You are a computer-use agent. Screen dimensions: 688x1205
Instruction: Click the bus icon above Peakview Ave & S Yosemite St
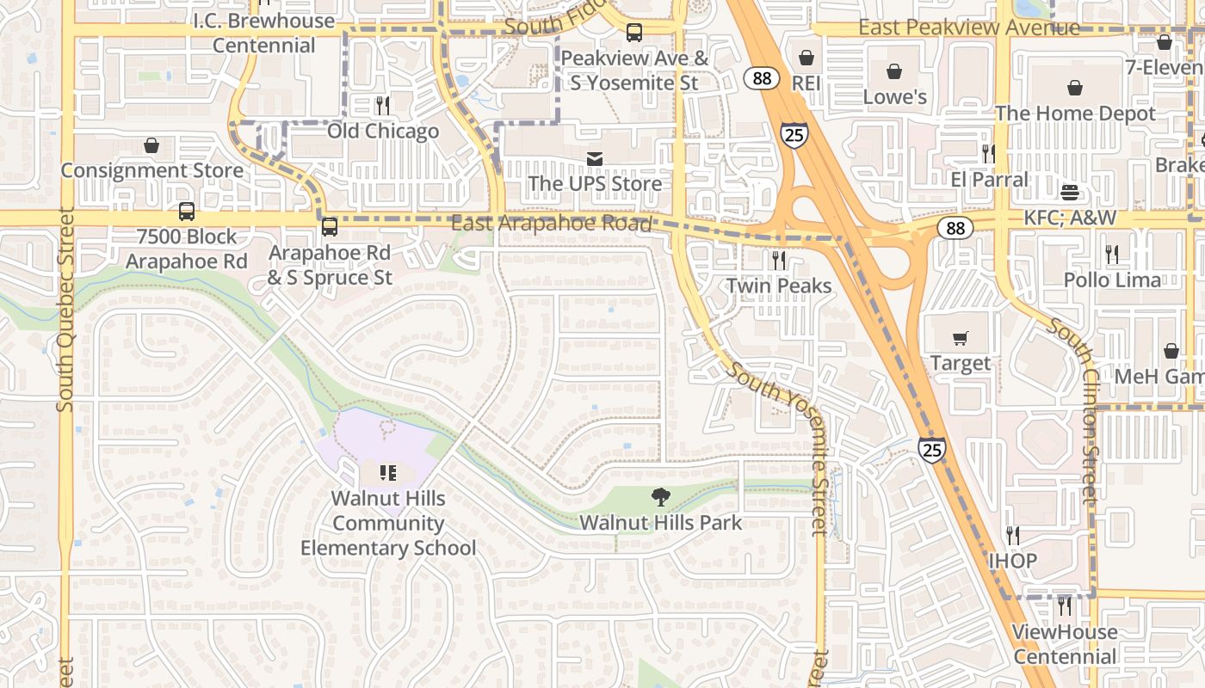click(634, 33)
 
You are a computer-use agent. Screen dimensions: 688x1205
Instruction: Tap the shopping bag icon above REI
click(806, 58)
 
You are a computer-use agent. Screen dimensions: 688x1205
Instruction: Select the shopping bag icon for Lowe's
click(894, 71)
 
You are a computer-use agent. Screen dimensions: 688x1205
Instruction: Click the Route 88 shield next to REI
click(761, 78)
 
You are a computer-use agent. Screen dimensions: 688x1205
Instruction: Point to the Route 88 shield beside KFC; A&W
click(956, 228)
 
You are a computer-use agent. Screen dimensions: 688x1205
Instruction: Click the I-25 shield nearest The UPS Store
click(794, 135)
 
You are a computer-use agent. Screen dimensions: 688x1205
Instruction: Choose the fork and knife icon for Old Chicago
click(383, 106)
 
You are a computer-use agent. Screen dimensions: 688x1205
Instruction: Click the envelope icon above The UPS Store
click(595, 159)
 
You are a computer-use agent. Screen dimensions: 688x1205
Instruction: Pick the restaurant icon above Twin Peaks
click(779, 260)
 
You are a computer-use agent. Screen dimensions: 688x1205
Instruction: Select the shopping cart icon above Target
click(961, 339)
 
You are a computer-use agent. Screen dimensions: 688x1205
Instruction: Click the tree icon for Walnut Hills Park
click(660, 496)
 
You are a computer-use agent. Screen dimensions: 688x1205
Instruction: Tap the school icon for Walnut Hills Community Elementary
click(388, 472)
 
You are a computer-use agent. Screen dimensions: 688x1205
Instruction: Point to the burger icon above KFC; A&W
click(1070, 192)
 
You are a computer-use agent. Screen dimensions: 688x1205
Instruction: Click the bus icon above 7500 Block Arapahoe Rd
click(186, 212)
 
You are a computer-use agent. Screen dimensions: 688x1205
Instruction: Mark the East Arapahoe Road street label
click(551, 224)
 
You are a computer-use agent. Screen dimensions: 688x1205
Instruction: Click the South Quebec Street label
click(65, 310)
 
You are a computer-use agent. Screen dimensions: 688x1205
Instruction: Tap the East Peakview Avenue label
click(968, 28)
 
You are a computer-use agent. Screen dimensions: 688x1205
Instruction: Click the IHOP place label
click(1012, 561)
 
